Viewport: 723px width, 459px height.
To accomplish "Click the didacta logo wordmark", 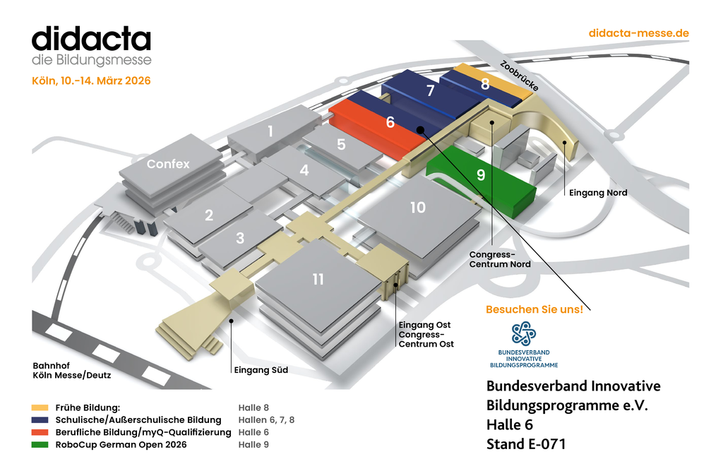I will click(91, 39).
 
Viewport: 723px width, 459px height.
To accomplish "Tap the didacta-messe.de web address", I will click(638, 33).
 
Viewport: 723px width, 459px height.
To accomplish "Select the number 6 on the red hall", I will click(390, 122).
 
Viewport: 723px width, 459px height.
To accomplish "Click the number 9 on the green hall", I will click(481, 175).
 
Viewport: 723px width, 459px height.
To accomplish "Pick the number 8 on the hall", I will click(485, 84).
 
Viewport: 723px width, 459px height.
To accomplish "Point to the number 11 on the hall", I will click(318, 280).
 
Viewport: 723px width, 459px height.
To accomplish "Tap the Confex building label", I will click(168, 164).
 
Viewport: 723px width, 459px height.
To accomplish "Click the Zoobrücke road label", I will click(519, 76).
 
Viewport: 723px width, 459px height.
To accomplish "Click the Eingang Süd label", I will click(261, 369).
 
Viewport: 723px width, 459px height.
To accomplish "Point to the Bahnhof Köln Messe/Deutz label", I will click(72, 370).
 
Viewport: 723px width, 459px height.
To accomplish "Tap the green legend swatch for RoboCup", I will click(40, 445).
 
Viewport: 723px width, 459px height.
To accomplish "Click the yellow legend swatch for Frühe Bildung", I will click(40, 407).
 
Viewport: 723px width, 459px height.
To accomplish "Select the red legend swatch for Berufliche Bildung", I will click(40, 432).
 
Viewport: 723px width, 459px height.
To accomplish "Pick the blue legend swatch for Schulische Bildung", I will click(40, 420).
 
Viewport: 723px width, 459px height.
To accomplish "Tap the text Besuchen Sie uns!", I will click(534, 309).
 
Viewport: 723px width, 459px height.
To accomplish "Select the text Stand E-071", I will click(526, 444).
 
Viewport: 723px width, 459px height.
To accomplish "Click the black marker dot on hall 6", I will click(419, 129).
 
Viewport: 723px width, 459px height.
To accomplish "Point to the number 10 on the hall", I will click(418, 207).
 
